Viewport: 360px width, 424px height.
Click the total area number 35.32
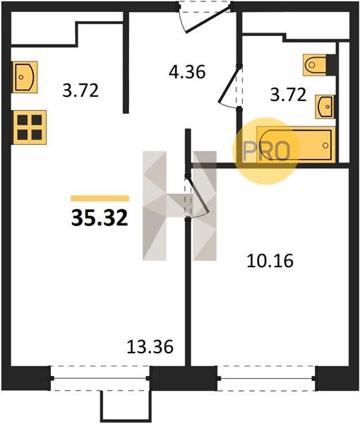coord(100,218)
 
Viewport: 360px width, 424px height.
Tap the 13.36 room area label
coord(150,347)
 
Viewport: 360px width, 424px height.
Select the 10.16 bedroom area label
coord(270,261)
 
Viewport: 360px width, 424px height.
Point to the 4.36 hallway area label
coord(187,72)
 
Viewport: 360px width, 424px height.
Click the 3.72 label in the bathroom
coord(288,95)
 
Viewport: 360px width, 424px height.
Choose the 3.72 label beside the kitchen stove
coord(80,90)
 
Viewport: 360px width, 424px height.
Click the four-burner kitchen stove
coord(29,127)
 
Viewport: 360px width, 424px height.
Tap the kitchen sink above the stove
coord(25,77)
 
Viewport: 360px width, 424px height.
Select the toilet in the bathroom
coord(315,65)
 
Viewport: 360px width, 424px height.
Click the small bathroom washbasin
coord(325,107)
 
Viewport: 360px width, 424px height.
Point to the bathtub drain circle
coord(325,146)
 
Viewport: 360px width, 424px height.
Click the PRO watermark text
coord(266,151)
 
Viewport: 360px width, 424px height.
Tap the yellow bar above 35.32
coord(100,199)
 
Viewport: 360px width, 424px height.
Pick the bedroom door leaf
coord(198,195)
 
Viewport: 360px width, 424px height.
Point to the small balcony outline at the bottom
coord(125,406)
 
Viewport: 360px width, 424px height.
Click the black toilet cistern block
coord(331,65)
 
